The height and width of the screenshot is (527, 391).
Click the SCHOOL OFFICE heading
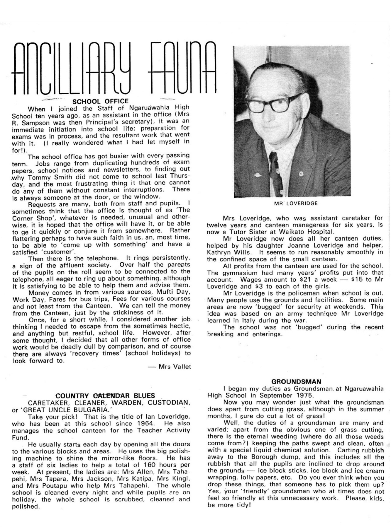click(x=100, y=101)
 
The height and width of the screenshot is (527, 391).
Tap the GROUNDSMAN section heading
click(x=296, y=381)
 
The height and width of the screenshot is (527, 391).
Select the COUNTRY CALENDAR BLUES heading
click(x=105, y=396)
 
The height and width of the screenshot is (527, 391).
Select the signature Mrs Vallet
click(x=175, y=367)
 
